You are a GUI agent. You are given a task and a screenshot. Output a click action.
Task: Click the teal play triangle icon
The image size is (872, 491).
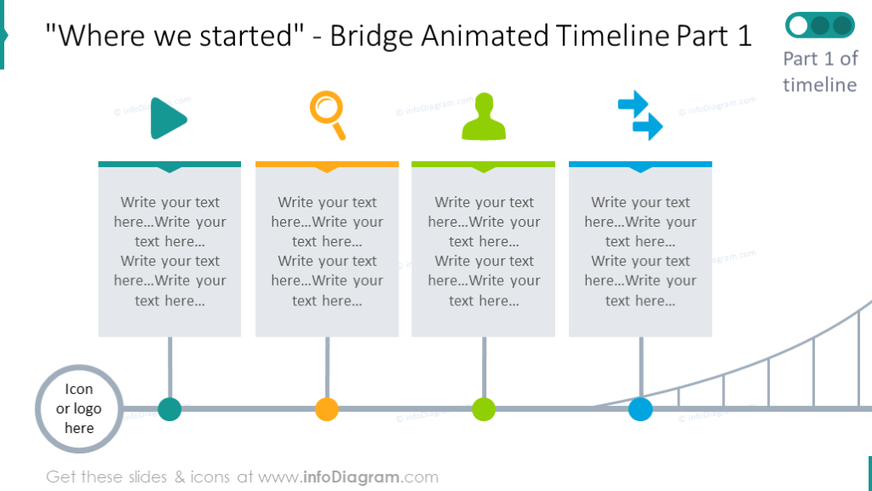pyautogui.click(x=168, y=118)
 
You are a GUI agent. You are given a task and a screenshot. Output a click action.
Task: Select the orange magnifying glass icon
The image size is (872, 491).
pyautogui.click(x=328, y=115)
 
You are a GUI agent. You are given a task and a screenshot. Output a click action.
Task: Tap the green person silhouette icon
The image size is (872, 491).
pyautogui.click(x=484, y=118)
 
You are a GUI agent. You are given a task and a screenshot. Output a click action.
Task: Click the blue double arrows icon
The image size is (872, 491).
pyautogui.click(x=640, y=117)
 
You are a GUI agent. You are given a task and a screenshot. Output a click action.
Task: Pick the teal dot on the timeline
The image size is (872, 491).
pyautogui.click(x=169, y=409)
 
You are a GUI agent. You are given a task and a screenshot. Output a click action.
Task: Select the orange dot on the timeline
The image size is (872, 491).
pyautogui.click(x=327, y=409)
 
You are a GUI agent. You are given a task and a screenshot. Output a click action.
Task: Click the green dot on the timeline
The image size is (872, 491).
pyautogui.click(x=484, y=409)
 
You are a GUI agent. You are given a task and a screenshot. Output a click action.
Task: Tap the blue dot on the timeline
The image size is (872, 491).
pyautogui.click(x=640, y=409)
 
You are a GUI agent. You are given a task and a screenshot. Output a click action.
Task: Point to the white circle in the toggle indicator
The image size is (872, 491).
pyautogui.click(x=799, y=26)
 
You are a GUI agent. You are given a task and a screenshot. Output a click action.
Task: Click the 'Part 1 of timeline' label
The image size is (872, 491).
pyautogui.click(x=819, y=72)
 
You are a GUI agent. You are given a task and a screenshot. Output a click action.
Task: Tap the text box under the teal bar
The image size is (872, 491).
pyautogui.click(x=169, y=251)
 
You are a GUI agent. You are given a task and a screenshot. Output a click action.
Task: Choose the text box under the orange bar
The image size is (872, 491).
pyautogui.click(x=327, y=251)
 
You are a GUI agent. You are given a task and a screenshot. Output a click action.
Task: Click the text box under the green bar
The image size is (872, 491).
pyautogui.click(x=484, y=251)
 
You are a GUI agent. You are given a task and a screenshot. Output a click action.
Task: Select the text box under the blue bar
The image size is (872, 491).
pyautogui.click(x=640, y=251)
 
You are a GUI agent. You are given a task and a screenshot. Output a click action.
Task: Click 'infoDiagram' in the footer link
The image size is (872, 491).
pyautogui.click(x=353, y=477)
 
